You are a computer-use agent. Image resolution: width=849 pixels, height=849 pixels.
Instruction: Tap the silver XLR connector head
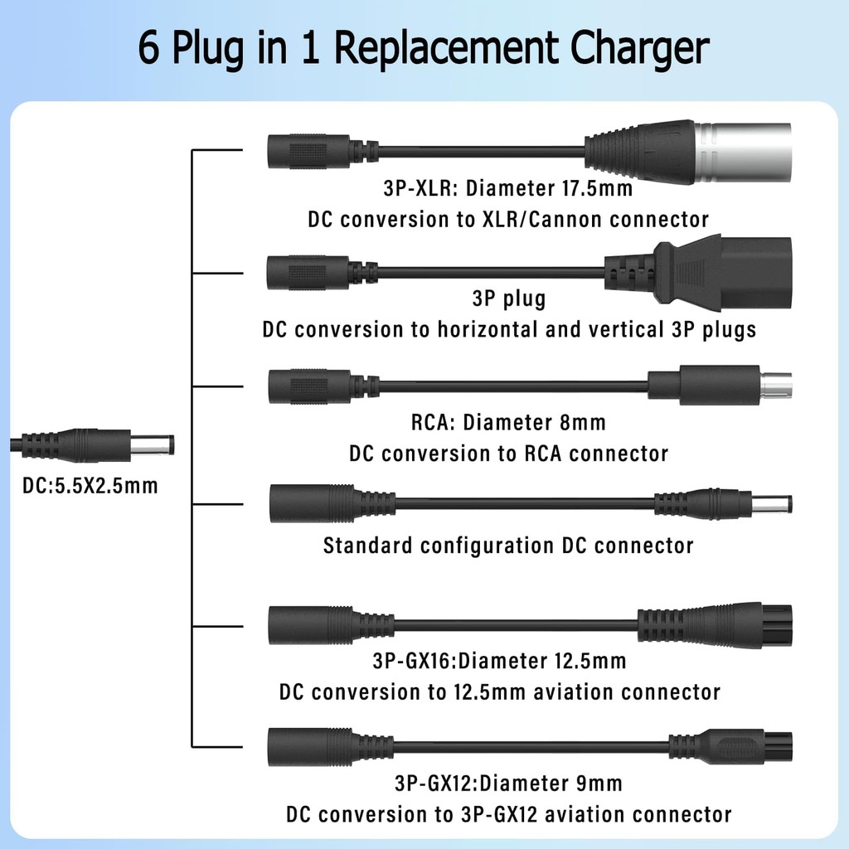[742, 151]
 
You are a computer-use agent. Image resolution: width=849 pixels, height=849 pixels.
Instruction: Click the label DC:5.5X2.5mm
[90, 485]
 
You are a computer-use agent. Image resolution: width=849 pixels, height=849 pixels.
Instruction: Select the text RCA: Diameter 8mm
[508, 423]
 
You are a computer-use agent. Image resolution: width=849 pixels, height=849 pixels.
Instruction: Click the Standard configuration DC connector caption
[508, 546]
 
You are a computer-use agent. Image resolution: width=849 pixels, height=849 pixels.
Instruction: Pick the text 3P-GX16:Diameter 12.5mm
[499, 661]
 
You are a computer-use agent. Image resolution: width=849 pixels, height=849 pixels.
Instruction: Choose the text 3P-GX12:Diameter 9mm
[508, 783]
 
